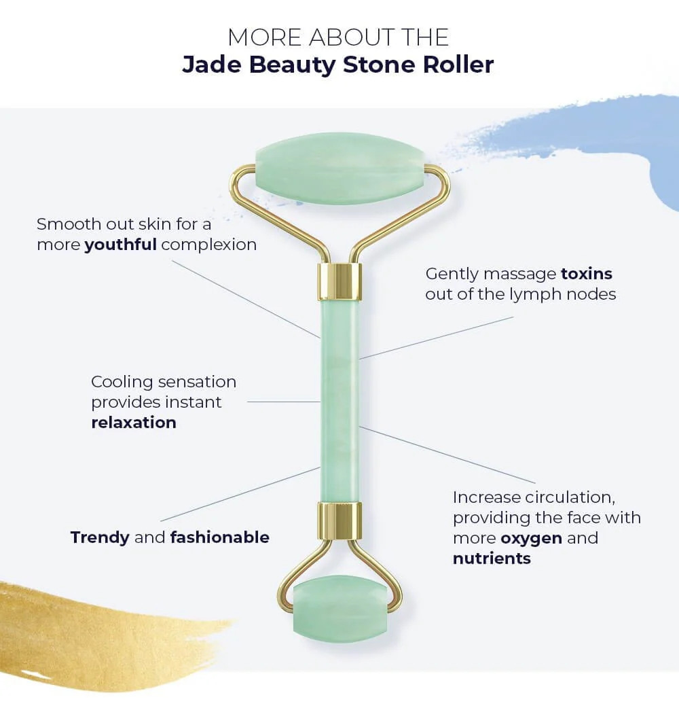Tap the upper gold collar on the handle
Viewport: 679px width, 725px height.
pos(339,282)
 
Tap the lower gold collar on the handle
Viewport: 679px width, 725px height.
pos(339,521)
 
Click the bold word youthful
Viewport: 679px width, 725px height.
pos(120,245)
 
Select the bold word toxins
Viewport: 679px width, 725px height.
pos(586,274)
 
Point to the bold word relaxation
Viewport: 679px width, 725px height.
pos(134,422)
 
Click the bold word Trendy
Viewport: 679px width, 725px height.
pos(100,537)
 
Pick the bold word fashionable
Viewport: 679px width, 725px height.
pos(219,537)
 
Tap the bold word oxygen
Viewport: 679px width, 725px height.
pos(532,538)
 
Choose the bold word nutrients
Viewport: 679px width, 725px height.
pos(492,559)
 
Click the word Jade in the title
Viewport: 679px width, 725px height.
pos(211,65)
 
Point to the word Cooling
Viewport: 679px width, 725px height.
pos(123,382)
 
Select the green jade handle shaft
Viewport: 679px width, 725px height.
pos(339,401)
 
